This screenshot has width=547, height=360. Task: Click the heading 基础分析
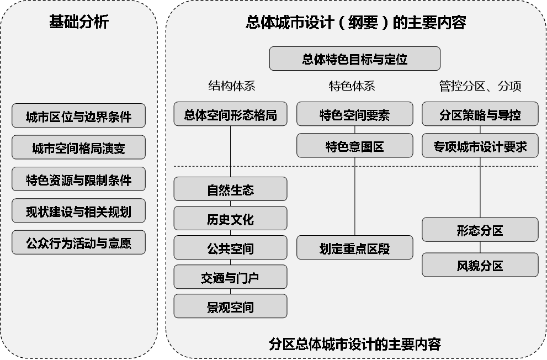tap(79, 22)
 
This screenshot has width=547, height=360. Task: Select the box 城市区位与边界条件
tap(78, 116)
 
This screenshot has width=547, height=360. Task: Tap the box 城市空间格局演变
tap(78, 147)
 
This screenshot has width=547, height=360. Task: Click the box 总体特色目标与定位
tap(354, 59)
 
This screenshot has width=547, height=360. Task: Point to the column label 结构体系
tap(231, 86)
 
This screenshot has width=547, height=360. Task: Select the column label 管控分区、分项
tap(480, 86)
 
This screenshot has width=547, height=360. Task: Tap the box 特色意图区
tap(354, 146)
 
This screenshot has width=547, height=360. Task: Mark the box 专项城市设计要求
tap(480, 146)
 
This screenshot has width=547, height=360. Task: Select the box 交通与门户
tap(230, 278)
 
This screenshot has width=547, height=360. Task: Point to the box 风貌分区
tap(480, 265)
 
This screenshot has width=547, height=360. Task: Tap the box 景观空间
tap(230, 306)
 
